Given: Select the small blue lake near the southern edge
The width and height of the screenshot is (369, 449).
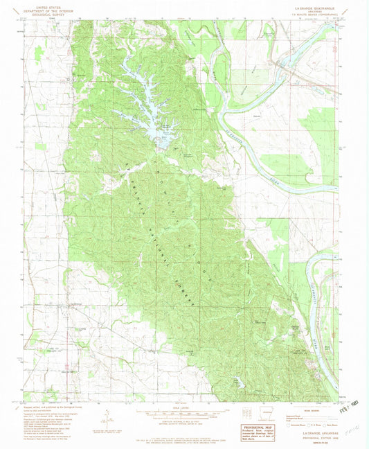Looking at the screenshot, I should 239,380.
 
